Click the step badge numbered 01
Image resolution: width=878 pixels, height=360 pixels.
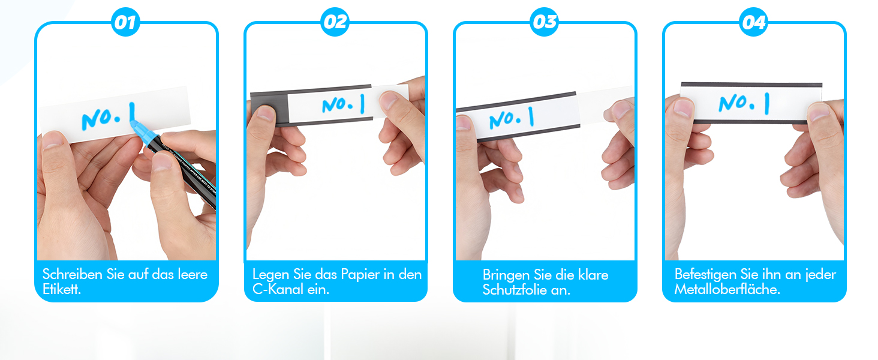(126, 23)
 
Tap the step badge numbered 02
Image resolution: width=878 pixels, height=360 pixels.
(335, 23)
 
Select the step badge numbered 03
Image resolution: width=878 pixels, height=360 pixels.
(545, 23)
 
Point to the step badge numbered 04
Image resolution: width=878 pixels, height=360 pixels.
(754, 23)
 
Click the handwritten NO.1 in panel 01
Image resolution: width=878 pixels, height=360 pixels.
(108, 116)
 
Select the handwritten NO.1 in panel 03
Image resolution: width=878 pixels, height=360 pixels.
(512, 117)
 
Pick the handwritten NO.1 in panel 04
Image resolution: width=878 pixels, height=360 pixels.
(744, 103)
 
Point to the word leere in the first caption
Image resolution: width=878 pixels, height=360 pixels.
(193, 275)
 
